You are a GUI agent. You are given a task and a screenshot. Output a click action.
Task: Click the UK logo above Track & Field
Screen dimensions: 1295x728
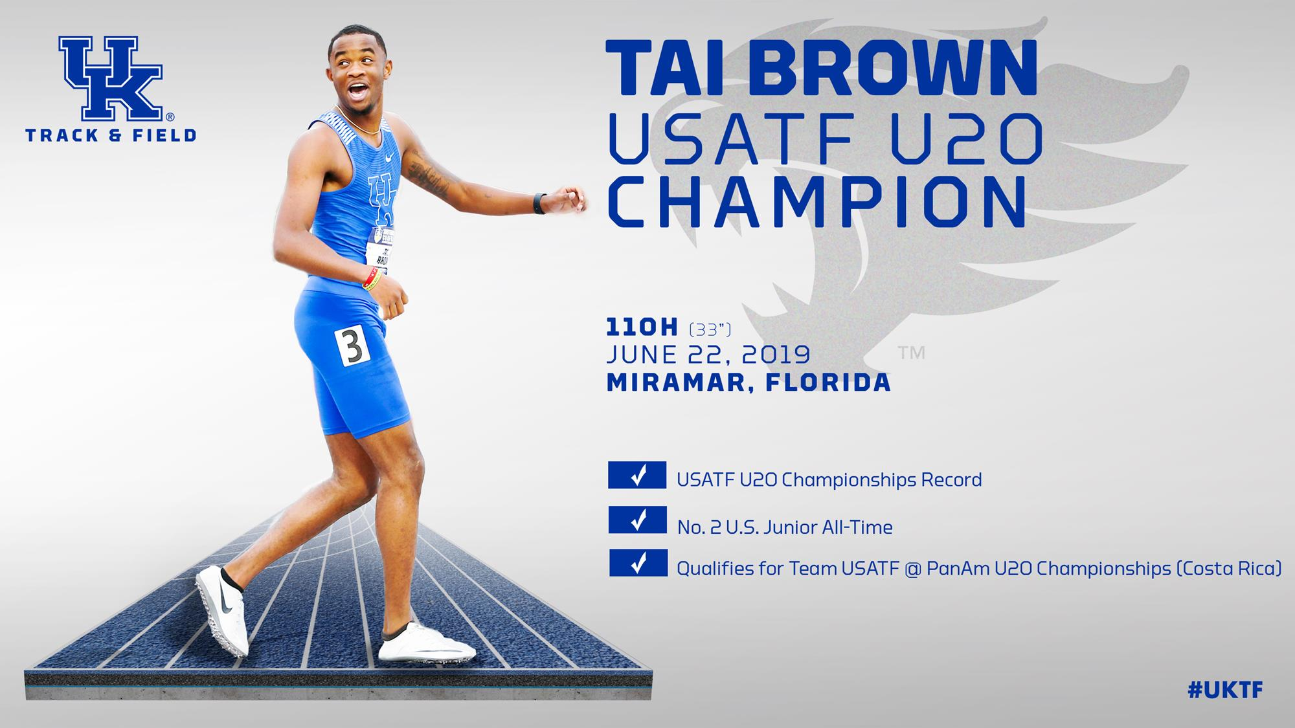pyautogui.click(x=110, y=78)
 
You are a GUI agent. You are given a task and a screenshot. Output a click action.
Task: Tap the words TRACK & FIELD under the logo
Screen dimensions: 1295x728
pyautogui.click(x=111, y=135)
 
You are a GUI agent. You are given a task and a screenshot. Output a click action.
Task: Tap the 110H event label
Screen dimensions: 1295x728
pyautogui.click(x=642, y=328)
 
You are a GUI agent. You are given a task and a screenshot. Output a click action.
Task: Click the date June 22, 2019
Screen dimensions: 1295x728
pyautogui.click(x=708, y=355)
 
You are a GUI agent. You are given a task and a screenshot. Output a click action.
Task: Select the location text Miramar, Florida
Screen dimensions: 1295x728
pyautogui.click(x=749, y=382)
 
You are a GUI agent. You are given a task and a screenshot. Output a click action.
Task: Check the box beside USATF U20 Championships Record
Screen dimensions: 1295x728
pyautogui.click(x=637, y=475)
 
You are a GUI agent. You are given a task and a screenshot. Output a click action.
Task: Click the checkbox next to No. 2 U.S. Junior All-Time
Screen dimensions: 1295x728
pyautogui.click(x=638, y=520)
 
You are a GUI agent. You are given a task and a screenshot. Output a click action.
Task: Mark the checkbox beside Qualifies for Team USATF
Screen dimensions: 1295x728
pyautogui.click(x=638, y=563)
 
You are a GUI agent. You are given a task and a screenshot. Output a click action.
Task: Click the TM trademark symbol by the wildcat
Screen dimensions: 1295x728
pyautogui.click(x=911, y=353)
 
